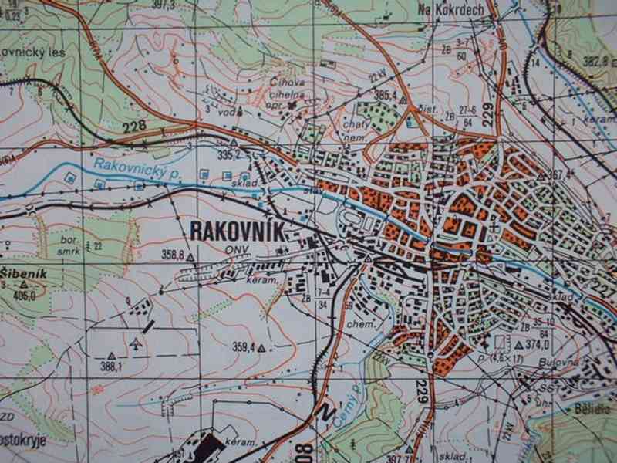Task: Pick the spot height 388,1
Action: tap(112, 367)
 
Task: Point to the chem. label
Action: tap(361, 326)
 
